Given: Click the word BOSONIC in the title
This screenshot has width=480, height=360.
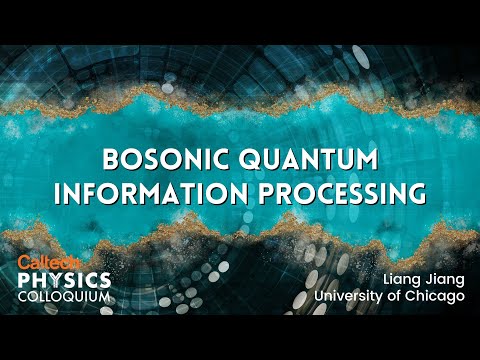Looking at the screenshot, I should pos(161,160).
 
